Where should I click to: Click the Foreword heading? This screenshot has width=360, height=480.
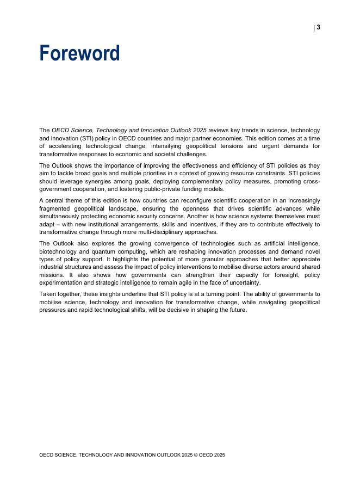pos(79,53)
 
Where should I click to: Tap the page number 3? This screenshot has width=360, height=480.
pos(318,28)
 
